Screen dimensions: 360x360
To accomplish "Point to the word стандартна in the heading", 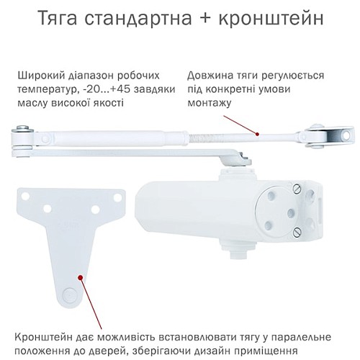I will click(x=143, y=19).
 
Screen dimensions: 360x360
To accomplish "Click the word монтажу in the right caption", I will click(x=209, y=104).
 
